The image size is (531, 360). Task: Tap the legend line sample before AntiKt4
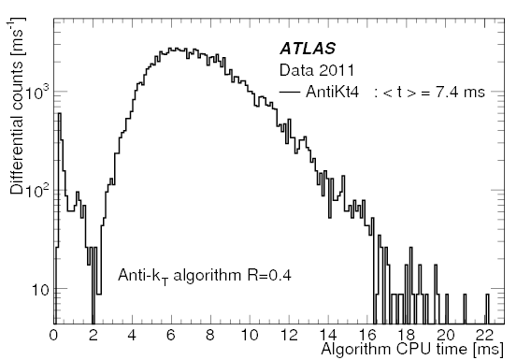click(295, 94)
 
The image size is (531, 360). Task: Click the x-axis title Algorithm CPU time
click(411, 349)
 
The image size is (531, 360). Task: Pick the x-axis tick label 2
click(93, 335)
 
